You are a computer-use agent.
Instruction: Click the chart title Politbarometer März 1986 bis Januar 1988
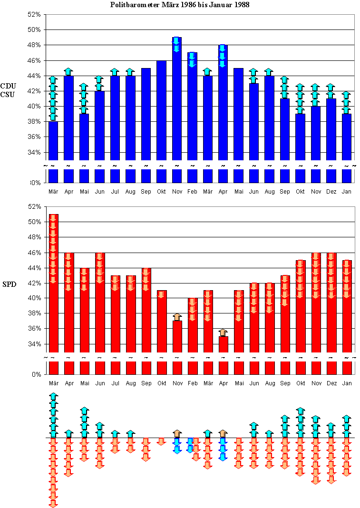pyautogui.click(x=180, y=5)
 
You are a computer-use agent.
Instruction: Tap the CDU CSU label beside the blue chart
pyautogui.click(x=7, y=90)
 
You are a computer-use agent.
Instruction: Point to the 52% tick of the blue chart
pyautogui.click(x=34, y=14)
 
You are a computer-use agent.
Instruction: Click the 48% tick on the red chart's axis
pyautogui.click(x=34, y=237)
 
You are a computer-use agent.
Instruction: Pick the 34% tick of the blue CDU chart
pyautogui.click(x=34, y=152)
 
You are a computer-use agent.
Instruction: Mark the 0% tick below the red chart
pyautogui.click(x=36, y=374)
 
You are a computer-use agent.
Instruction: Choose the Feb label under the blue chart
pyautogui.click(x=192, y=191)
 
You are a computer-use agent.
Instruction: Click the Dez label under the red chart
pyautogui.click(x=331, y=383)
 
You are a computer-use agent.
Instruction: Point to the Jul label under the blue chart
pyautogui.click(x=115, y=191)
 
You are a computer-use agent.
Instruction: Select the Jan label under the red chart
pyautogui.click(x=347, y=383)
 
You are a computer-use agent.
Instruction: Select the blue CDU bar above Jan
pyautogui.click(x=347, y=138)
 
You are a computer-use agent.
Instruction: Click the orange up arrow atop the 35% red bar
pyautogui.click(x=223, y=332)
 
